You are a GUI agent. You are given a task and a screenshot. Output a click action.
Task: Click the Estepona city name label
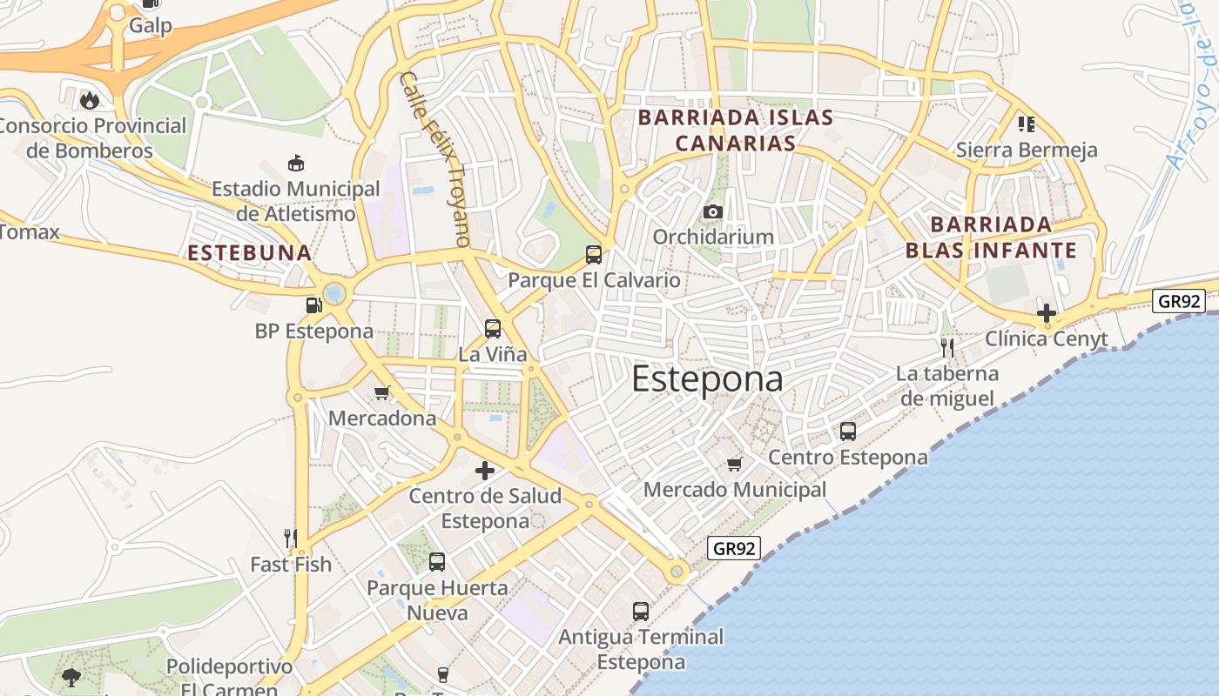tap(707, 379)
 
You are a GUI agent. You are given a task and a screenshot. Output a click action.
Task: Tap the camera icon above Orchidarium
tap(713, 211)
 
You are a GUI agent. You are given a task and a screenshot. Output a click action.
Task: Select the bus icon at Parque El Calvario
tap(594, 254)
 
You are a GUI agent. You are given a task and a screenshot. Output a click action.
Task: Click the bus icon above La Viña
tap(493, 329)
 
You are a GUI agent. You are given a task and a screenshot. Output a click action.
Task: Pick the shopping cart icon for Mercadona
tap(381, 392)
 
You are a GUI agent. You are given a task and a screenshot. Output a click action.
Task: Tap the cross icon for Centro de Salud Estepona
tap(485, 471)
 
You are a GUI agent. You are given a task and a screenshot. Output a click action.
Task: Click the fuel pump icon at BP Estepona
tap(313, 305)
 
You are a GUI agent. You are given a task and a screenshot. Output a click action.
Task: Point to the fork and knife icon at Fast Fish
tap(291, 539)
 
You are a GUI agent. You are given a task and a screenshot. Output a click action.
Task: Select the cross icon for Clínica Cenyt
tap(1047, 313)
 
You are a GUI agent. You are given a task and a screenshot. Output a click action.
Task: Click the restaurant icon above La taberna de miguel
tap(947, 348)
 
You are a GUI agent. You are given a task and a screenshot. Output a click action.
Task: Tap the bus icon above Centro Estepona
tap(847, 431)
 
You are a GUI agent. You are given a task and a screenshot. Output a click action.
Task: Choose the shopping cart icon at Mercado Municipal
tap(735, 464)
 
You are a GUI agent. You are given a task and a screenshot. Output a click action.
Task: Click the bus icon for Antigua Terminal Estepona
tap(641, 611)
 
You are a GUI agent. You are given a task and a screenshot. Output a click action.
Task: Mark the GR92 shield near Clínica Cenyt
tap(1178, 301)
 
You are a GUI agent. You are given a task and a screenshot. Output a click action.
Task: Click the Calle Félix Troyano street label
tap(435, 159)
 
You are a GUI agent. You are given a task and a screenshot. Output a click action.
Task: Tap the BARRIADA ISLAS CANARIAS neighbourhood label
tap(736, 130)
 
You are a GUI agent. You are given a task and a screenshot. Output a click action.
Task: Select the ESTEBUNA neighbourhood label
tap(250, 253)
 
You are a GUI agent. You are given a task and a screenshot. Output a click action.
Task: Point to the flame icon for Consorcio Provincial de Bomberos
tap(89, 100)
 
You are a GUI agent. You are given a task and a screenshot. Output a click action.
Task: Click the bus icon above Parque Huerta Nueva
tap(437, 562)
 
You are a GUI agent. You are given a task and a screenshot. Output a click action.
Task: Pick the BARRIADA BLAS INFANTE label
tap(991, 238)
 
